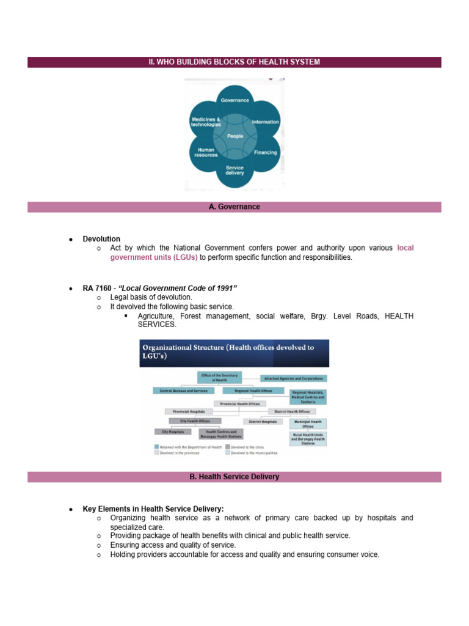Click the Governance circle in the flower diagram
234,100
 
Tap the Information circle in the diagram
265,122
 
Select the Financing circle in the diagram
265,152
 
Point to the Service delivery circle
234,171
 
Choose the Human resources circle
206,152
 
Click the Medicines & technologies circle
206,122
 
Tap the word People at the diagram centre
235,136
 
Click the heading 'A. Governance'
234,207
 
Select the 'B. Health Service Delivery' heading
234,476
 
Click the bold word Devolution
101,239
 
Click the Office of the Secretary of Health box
220,377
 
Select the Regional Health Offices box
253,390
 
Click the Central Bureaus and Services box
183,390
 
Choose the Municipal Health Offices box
308,424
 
